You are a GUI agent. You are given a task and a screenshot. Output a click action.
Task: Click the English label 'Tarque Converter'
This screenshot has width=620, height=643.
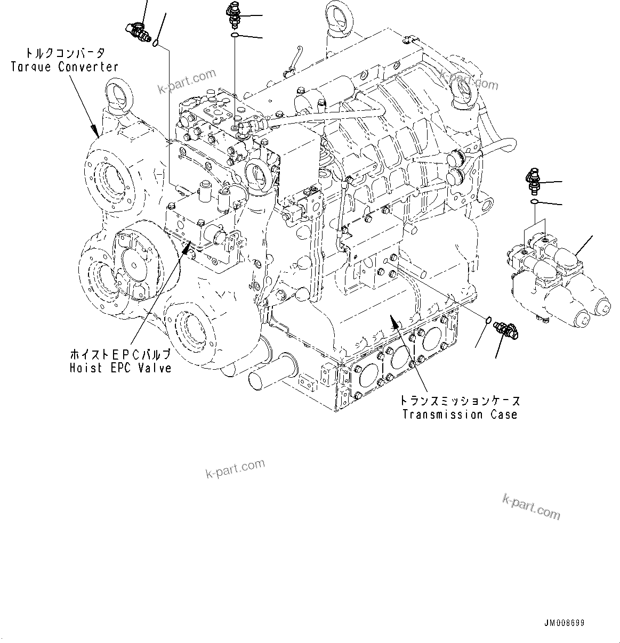[x=65, y=67]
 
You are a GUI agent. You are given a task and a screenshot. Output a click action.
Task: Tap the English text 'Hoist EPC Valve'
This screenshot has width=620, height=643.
[x=120, y=368]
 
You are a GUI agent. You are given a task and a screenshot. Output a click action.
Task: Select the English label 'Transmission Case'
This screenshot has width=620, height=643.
[x=460, y=414]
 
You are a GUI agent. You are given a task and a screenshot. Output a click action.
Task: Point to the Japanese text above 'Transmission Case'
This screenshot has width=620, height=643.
[x=460, y=401]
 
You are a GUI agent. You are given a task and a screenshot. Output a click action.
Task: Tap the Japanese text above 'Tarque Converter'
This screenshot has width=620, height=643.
[x=65, y=53]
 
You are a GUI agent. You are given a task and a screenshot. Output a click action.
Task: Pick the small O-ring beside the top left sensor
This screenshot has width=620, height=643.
[x=155, y=43]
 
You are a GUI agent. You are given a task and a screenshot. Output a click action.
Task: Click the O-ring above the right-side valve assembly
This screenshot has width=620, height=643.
[x=534, y=202]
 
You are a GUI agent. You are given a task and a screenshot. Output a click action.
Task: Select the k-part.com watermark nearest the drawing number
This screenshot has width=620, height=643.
[x=532, y=507]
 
